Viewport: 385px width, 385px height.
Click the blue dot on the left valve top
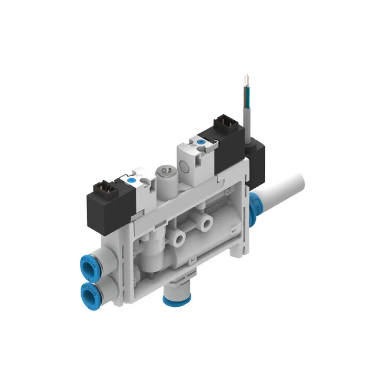tap(132, 180)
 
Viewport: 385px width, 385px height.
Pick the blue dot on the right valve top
tap(200, 142)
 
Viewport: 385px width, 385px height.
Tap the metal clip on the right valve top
tap(213, 145)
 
